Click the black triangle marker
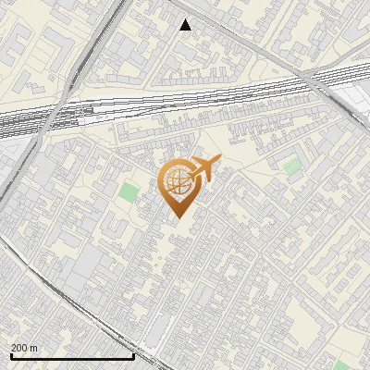(186, 25)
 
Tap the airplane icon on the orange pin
(203, 169)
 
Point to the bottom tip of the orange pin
(177, 217)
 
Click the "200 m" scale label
(24, 348)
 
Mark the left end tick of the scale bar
(11, 355)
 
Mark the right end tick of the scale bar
(134, 355)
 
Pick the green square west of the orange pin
(129, 193)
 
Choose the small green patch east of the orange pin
(291, 166)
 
